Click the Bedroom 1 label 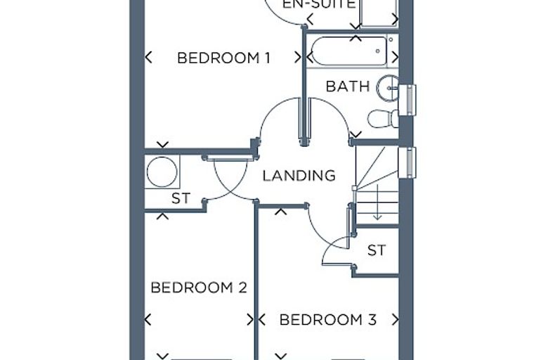tap(223, 58)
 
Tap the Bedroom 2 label tap(199, 288)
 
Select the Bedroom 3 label tap(328, 320)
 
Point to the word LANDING tap(299, 176)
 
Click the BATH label tap(348, 86)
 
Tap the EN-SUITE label tap(319, 4)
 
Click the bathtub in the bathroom tap(349, 51)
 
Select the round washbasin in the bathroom tap(388, 89)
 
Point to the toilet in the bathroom tap(383, 119)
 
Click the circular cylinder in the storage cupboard tap(162, 172)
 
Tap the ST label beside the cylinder tap(181, 198)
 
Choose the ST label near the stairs tap(377, 250)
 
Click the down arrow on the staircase tap(377, 202)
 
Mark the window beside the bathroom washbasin tap(408, 100)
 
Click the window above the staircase tap(408, 162)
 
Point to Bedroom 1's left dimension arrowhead tap(148, 57)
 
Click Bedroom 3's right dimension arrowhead tap(395, 320)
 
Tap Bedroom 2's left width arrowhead tap(148, 320)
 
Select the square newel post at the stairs tap(355, 188)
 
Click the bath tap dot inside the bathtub tap(378, 51)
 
